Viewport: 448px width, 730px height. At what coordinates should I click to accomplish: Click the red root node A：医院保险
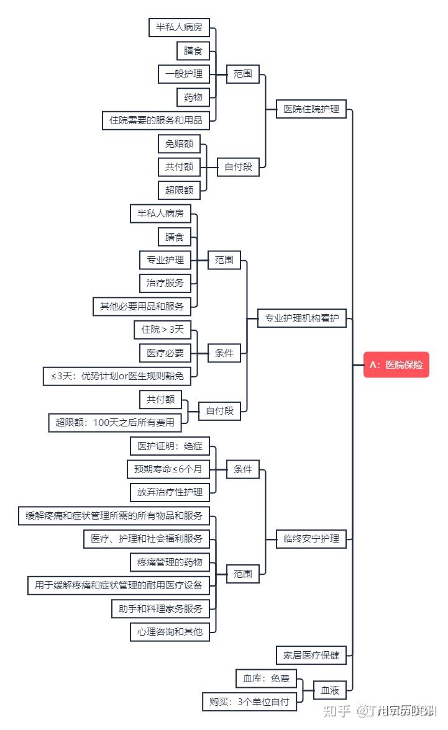pyautogui.click(x=396, y=365)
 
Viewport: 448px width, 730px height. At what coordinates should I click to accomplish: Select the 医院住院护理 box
pyautogui.click(x=311, y=109)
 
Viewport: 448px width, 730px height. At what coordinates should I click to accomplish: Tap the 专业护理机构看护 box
pyautogui.click(x=302, y=318)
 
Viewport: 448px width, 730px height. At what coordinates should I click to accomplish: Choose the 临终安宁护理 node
pyautogui.click(x=311, y=539)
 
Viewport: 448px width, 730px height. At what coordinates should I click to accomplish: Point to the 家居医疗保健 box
pyautogui.click(x=311, y=655)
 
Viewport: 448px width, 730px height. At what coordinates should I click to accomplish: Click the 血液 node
pyautogui.click(x=329, y=690)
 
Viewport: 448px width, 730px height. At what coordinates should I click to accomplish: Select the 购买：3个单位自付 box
pyautogui.click(x=249, y=702)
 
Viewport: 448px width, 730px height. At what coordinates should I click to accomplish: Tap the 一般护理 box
pyautogui.click(x=183, y=74)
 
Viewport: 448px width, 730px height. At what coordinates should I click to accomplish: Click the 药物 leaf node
pyautogui.click(x=193, y=97)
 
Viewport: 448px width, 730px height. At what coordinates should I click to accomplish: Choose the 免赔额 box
pyautogui.click(x=179, y=144)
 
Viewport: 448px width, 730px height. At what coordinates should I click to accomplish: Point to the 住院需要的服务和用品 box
pyautogui.click(x=156, y=120)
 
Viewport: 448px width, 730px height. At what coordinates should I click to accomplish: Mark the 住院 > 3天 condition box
pyautogui.click(x=163, y=330)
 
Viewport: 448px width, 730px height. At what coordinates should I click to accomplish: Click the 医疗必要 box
pyautogui.click(x=165, y=353)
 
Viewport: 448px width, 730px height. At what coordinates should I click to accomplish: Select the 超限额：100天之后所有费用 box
pyautogui.click(x=116, y=423)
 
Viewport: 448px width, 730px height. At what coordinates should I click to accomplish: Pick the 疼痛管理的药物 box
pyautogui.click(x=170, y=562)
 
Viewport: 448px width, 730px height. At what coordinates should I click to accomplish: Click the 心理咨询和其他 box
pyautogui.click(x=170, y=632)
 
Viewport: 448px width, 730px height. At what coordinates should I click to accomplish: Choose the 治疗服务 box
pyautogui.click(x=165, y=283)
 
